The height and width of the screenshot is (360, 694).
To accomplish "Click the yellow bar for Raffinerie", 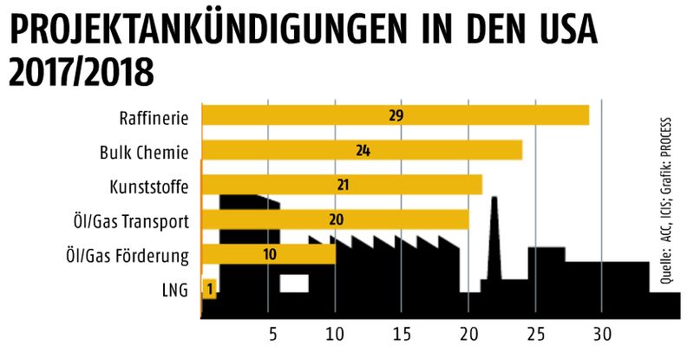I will pos(395,115).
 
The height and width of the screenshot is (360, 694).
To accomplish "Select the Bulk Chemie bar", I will pos(362,150).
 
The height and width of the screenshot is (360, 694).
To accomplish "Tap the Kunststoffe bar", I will pos(342,185).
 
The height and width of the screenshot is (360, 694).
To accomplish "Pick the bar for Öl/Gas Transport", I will pos(335,219).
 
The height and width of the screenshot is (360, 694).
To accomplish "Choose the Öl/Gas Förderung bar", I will pos(268,254).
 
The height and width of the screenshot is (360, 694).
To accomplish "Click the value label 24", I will pos(363,150).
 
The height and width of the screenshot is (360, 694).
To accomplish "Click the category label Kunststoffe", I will pos(148,186).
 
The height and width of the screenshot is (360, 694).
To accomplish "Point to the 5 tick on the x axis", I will pos(269,336).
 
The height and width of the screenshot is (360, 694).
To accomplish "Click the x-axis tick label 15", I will pos(403,336).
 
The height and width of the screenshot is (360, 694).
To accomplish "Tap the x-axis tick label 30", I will pos(602,336).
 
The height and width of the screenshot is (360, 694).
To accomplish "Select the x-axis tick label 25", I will pos(536,336).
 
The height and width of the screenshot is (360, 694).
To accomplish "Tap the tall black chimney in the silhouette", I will pos(494,234).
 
